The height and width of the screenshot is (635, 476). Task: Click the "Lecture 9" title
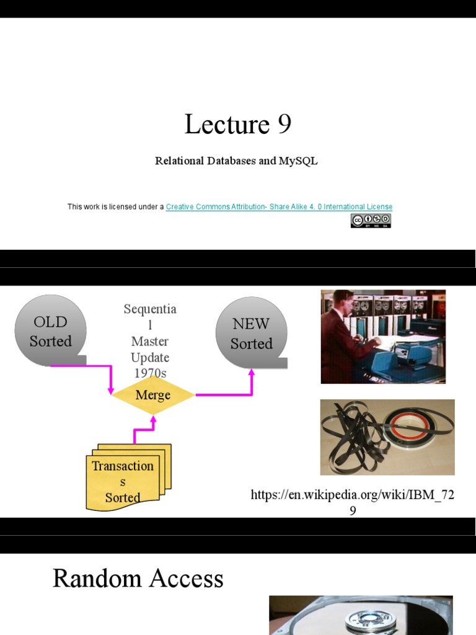237,125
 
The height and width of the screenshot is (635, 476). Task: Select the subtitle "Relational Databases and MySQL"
236,161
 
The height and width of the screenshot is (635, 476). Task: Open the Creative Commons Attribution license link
279,207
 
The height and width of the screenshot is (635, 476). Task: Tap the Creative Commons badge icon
371,221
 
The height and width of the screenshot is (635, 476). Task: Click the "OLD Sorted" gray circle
50,331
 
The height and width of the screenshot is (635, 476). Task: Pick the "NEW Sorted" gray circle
251,333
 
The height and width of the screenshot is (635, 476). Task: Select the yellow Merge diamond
152,395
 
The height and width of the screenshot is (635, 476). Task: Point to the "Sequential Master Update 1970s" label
149,341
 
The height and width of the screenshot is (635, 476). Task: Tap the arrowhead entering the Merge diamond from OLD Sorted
111,391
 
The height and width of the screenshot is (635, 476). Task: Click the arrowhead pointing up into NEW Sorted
252,372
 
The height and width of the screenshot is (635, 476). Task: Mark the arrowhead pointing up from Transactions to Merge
152,419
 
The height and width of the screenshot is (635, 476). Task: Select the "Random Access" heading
138,579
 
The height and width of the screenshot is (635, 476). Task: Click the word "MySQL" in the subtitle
298,161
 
